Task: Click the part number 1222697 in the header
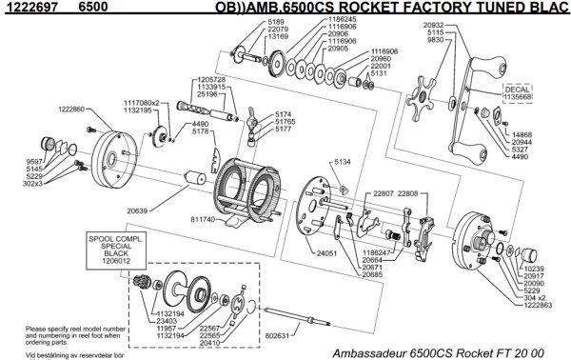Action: pos(24,7)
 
